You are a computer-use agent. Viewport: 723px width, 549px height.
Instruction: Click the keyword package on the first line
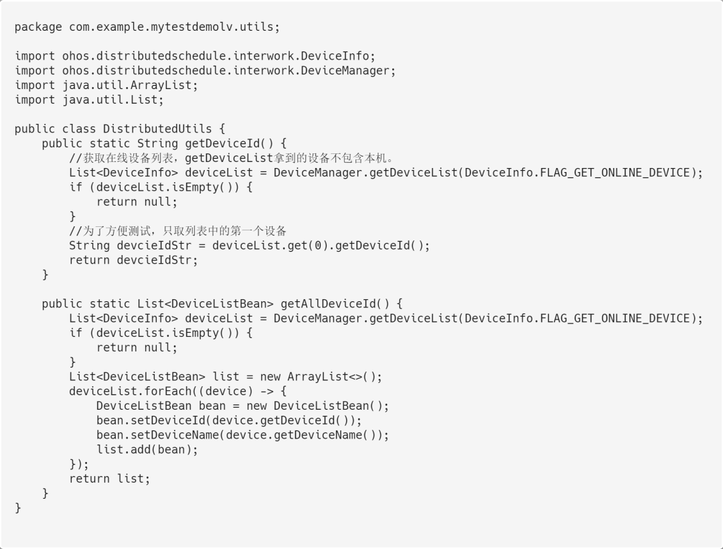pyautogui.click(x=38, y=27)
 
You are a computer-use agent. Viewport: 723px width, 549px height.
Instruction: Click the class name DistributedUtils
pyautogui.click(x=154, y=129)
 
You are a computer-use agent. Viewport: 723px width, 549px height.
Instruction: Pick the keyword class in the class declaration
pyautogui.click(x=79, y=129)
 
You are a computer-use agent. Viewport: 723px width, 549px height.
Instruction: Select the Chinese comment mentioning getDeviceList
pyautogui.click(x=231, y=158)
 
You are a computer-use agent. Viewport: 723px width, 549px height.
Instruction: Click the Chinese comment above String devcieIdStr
pyautogui.click(x=178, y=231)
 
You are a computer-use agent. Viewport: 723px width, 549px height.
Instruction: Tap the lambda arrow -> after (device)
pyautogui.click(x=267, y=391)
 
